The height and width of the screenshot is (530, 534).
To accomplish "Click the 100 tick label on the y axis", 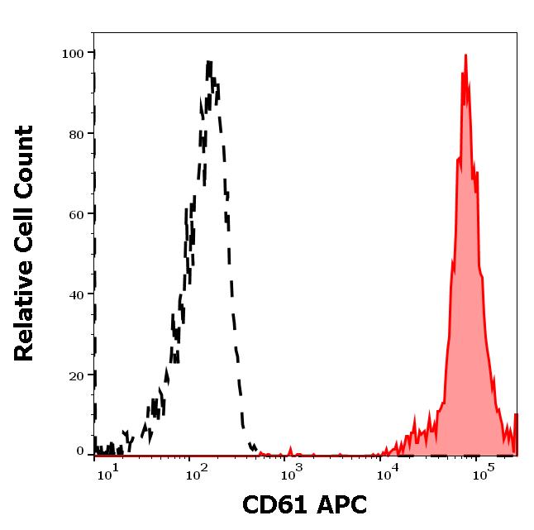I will pos(74,54).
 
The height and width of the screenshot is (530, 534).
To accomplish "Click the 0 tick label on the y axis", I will pos(81,451).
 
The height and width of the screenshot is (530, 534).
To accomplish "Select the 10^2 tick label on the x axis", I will pos(197,471).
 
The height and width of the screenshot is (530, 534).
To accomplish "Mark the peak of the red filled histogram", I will pos(466,56).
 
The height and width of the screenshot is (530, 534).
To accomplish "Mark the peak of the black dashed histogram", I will pos(209,62).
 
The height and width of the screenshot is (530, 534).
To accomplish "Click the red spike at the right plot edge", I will pos(515,430).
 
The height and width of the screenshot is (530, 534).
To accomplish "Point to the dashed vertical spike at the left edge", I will pos(94,248).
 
